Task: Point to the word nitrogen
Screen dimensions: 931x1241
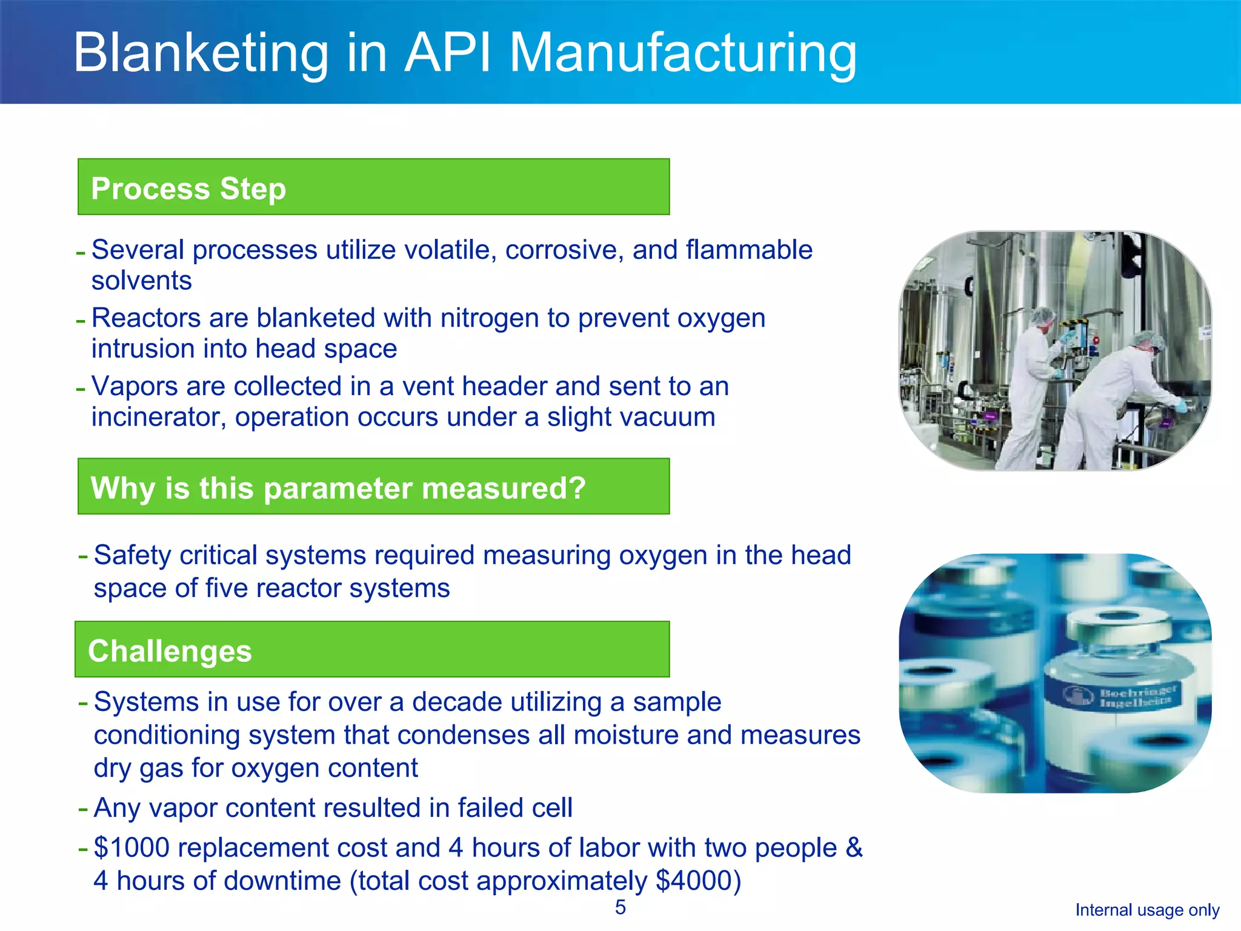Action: tap(489, 318)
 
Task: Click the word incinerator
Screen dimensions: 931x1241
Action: tap(158, 417)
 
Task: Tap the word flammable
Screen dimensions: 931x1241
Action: tap(749, 250)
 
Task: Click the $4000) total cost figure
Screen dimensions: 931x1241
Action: tap(698, 881)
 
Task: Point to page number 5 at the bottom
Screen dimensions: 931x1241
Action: tap(620, 907)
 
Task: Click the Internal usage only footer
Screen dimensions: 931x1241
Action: tap(1147, 910)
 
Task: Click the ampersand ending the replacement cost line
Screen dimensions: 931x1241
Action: tap(854, 847)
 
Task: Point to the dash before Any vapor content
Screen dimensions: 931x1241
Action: tap(83, 809)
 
